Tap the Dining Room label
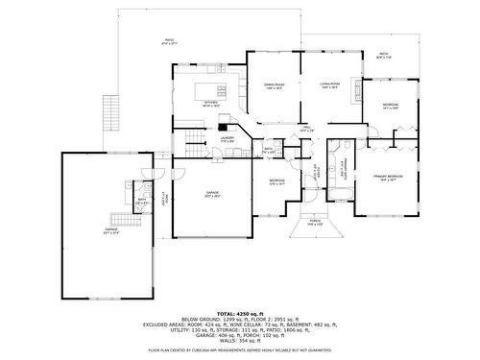(x=274, y=85)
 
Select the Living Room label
(x=329, y=85)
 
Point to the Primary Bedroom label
(x=388, y=178)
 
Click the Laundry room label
(x=228, y=139)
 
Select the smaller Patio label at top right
(x=383, y=55)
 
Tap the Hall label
(x=306, y=129)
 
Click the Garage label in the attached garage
(x=212, y=194)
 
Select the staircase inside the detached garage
(x=119, y=218)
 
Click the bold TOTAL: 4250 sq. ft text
(x=239, y=314)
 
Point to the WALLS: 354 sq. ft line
(x=239, y=340)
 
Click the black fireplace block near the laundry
(x=224, y=122)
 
